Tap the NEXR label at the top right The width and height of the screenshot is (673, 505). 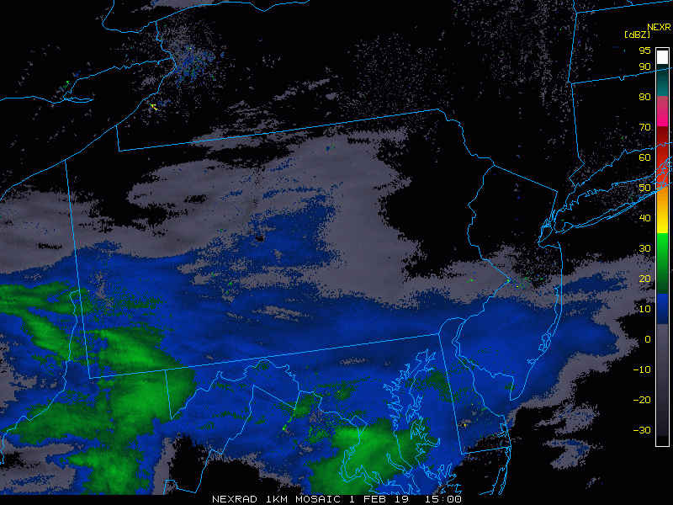659,26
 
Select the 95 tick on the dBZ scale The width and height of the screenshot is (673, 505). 644,50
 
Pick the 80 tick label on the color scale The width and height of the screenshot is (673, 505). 644,97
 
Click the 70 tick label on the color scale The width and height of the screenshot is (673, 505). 644,127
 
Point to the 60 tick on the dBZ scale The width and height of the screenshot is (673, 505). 644,157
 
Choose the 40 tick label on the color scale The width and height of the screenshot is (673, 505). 644,218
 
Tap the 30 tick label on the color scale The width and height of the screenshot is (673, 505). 644,248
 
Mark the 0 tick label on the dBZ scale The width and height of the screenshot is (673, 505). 647,339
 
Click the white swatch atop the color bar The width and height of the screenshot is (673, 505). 663,56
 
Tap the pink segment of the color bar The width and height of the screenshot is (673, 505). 663,112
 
